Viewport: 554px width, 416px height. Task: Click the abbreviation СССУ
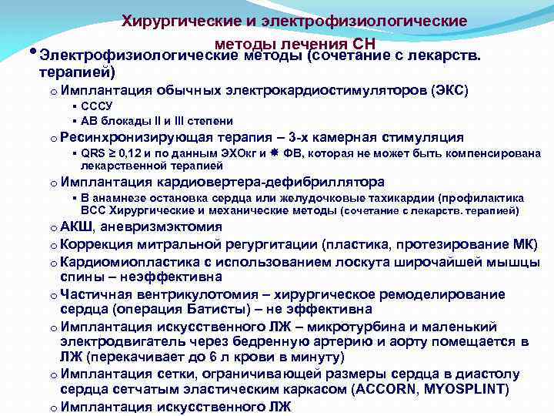pyautogui.click(x=97, y=106)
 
